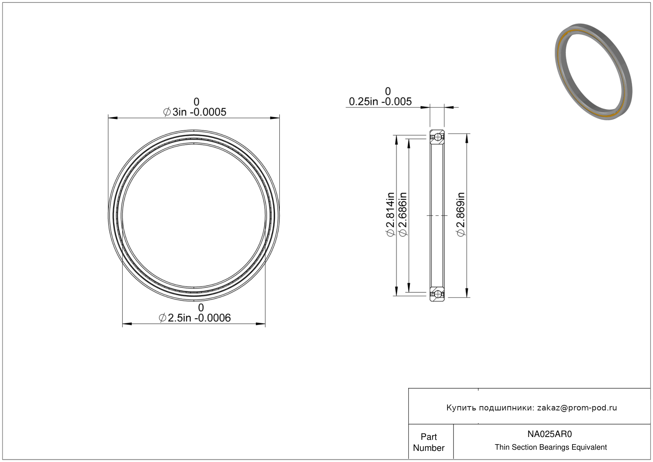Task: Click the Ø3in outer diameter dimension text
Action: tap(194, 112)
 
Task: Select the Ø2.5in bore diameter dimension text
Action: tap(194, 318)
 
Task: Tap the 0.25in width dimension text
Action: tap(380, 102)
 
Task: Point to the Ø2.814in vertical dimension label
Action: tap(390, 215)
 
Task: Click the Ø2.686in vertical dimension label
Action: tap(403, 215)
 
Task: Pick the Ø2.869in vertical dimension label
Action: tap(461, 215)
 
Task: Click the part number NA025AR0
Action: tap(549, 434)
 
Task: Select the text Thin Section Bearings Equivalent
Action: tap(551, 447)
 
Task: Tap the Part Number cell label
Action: tap(428, 442)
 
